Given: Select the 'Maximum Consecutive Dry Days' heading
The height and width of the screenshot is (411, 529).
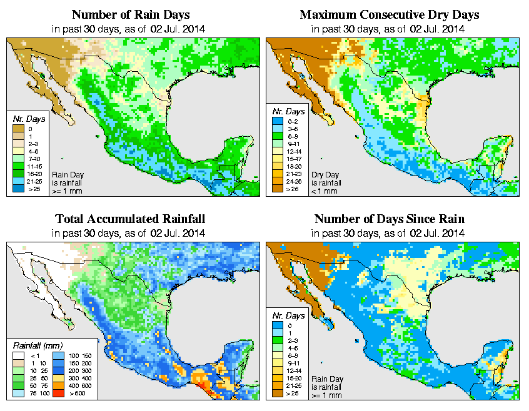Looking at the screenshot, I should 390,14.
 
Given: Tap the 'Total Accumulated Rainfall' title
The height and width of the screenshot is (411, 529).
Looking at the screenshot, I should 130,219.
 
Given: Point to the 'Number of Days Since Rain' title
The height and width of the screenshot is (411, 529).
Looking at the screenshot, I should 390,219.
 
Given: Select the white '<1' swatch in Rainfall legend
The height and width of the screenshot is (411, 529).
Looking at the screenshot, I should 17,356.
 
